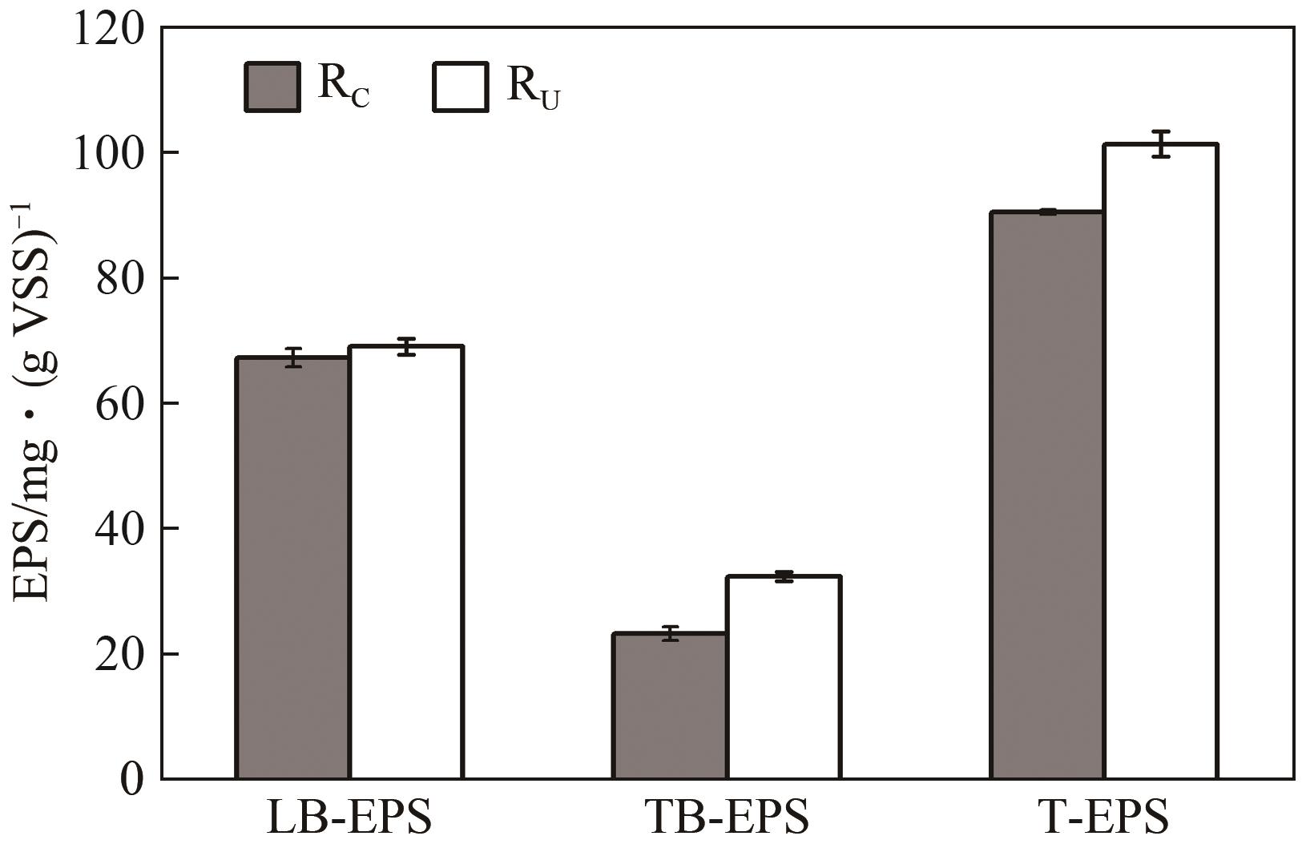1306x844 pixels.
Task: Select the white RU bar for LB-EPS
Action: coord(406,562)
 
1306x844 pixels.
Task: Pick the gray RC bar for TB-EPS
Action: coord(670,705)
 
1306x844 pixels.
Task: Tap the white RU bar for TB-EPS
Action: coord(783,677)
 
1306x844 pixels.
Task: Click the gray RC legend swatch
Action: coord(272,87)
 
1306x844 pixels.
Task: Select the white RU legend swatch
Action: coord(460,87)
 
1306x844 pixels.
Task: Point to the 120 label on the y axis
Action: coord(108,30)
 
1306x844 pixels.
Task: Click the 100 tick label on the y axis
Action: coord(108,154)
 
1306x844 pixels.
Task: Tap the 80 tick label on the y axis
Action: coord(119,279)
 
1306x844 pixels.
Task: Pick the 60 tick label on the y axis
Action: coord(119,404)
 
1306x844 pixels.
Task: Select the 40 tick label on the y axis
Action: coord(119,529)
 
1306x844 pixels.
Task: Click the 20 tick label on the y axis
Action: coord(119,654)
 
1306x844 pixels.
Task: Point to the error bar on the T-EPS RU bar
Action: coord(1161,143)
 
